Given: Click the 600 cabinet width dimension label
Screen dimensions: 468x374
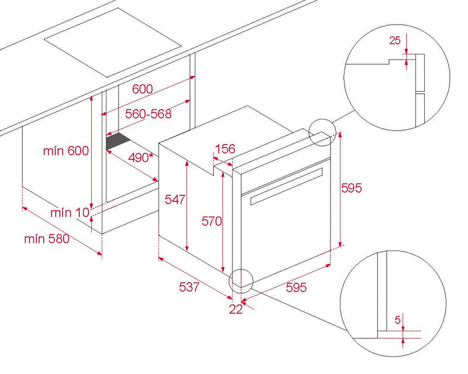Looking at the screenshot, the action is pyautogui.click(x=142, y=89).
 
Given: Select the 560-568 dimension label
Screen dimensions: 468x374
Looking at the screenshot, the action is pyautogui.click(x=149, y=114).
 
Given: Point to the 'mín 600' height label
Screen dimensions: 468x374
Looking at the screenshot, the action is pyautogui.click(x=66, y=150).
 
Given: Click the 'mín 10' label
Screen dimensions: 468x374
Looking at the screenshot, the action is pyautogui.click(x=70, y=212).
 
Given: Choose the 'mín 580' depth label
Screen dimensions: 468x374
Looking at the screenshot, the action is pyautogui.click(x=47, y=239).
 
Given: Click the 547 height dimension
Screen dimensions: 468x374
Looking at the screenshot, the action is pyautogui.click(x=175, y=199).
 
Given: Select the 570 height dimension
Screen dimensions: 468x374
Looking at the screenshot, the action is pyautogui.click(x=212, y=221).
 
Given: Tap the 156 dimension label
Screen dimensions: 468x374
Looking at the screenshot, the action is pyautogui.click(x=225, y=149).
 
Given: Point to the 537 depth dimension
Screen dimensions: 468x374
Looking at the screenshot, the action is pyautogui.click(x=189, y=287).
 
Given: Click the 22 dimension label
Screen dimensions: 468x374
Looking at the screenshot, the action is pyautogui.click(x=236, y=309).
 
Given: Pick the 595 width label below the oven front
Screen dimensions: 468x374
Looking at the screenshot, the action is pyautogui.click(x=296, y=287).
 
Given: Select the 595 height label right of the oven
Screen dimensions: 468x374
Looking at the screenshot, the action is pyautogui.click(x=352, y=188).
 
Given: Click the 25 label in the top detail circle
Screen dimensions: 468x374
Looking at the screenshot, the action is pyautogui.click(x=394, y=40).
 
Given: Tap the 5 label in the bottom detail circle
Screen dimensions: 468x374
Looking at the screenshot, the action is pyautogui.click(x=397, y=320).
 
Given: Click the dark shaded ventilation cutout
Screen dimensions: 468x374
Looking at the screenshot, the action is pyautogui.click(x=118, y=141).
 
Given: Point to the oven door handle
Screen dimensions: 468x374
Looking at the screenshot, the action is pyautogui.click(x=287, y=186).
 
